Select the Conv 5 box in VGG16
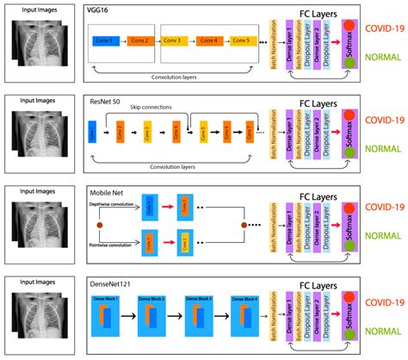[x=242, y=40]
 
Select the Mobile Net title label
[x=107, y=192]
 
